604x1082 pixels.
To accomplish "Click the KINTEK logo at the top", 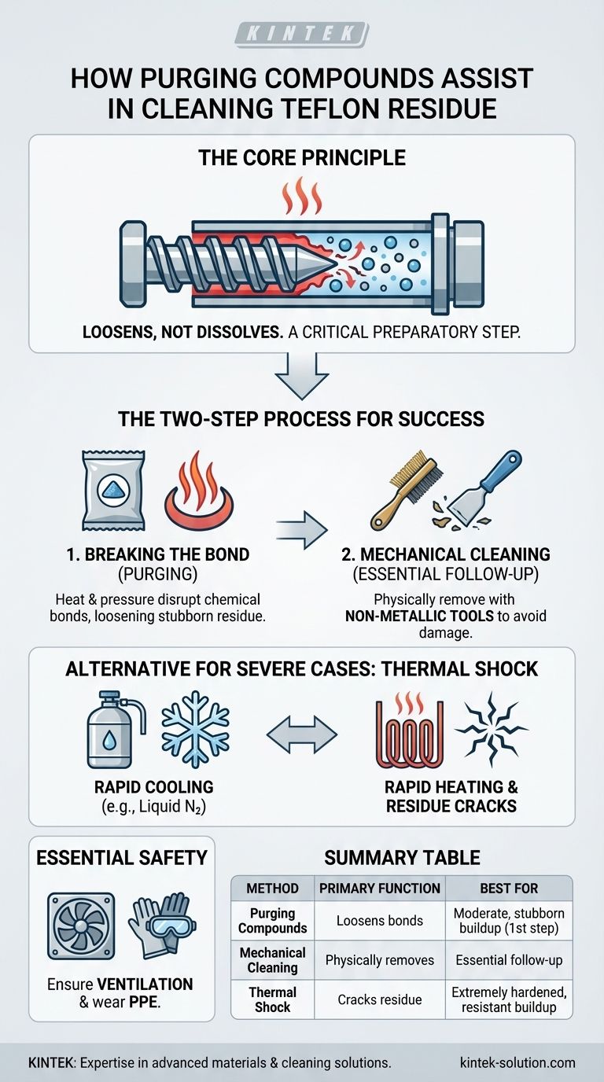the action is [x=302, y=35].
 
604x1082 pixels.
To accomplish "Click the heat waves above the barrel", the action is [x=302, y=196].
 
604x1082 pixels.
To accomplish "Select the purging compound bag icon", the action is [x=113, y=491].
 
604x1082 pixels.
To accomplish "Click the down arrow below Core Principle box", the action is [x=301, y=376].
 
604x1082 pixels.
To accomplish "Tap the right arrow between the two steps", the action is [x=301, y=530].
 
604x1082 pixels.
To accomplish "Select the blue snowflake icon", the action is [x=195, y=730].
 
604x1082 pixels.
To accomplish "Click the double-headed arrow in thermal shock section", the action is [x=301, y=734].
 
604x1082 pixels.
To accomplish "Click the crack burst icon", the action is [x=492, y=730].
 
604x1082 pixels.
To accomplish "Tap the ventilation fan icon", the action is [x=81, y=926].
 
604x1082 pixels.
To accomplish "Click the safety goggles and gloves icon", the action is [x=162, y=925].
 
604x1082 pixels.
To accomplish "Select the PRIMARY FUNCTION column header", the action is [x=380, y=888].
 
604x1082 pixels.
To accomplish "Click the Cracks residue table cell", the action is [x=380, y=999].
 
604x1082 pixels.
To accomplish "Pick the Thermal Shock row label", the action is [x=273, y=999].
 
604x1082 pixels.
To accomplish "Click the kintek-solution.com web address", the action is [x=517, y=1062].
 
